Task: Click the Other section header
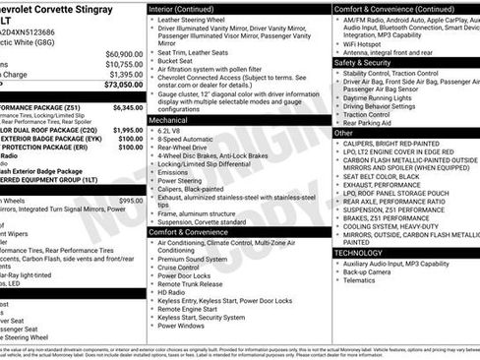(x=344, y=132)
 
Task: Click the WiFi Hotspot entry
(x=365, y=44)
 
